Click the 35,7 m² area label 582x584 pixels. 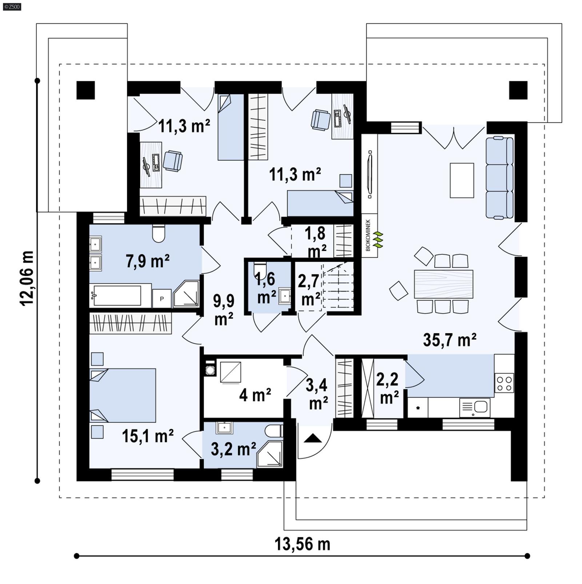[450, 340]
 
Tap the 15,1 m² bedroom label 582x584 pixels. [147, 436]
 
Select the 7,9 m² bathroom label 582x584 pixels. [147, 261]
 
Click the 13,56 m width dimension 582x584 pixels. [302, 544]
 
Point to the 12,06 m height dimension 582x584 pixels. [27, 278]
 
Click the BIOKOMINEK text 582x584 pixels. [368, 235]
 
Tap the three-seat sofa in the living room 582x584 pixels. [499, 178]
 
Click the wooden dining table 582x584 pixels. [443, 284]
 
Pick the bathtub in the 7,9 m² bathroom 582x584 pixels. [117, 295]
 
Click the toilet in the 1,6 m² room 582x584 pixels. [260, 269]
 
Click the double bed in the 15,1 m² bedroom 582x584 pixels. [123, 395]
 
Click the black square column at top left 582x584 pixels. [85, 90]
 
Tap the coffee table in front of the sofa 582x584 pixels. [462, 180]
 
